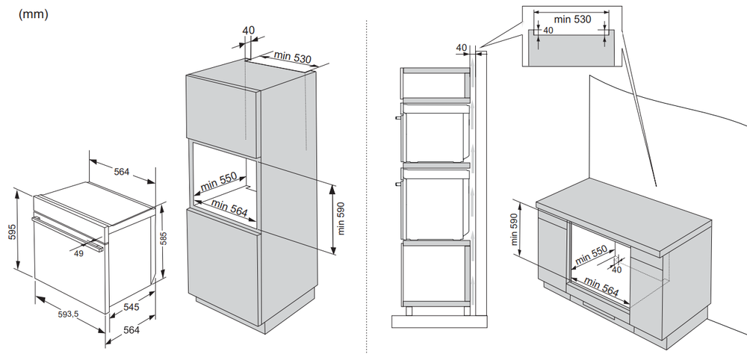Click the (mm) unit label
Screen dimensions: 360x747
[x=34, y=14]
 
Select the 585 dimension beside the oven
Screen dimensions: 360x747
[x=164, y=240]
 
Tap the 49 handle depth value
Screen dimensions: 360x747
[x=79, y=253]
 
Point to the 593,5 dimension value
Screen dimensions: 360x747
[x=68, y=314]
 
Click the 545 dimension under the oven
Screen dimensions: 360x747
[x=131, y=306]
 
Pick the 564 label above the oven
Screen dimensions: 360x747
[x=122, y=172]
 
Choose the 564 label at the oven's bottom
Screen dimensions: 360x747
[x=132, y=330]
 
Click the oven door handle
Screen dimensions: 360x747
[x=67, y=232]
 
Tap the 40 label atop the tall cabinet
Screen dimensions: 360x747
[x=249, y=31]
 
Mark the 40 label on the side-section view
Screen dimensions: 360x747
[x=461, y=48]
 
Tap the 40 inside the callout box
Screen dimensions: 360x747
[x=548, y=31]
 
